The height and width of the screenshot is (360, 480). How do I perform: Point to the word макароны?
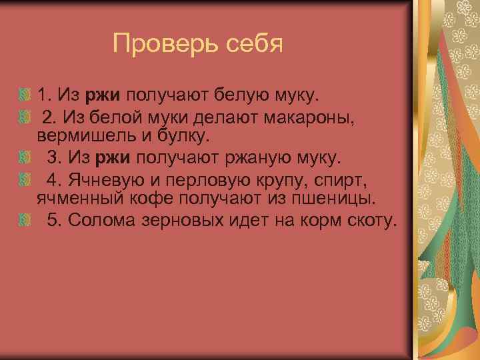(x=309, y=119)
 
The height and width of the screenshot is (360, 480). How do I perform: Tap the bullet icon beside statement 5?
(x=26, y=219)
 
